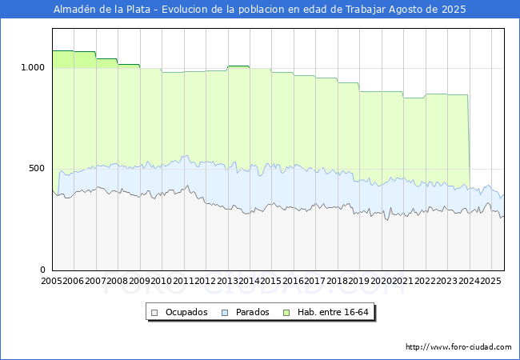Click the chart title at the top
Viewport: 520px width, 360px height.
260,10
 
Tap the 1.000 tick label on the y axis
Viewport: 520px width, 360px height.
33,68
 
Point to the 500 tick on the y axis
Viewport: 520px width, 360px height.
37,168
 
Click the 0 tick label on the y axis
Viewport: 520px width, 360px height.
42,270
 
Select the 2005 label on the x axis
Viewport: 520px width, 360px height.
51,281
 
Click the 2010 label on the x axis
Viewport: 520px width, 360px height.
161,281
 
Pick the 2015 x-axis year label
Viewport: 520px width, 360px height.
271,281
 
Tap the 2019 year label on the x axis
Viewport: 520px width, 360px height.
359,281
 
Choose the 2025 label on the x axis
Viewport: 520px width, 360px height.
490,281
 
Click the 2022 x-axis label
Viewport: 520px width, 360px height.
425,281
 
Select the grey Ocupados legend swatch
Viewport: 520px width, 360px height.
154,313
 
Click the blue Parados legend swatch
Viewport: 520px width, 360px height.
225,313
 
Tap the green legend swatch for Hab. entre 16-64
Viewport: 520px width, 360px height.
286,313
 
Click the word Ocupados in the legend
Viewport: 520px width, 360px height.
186,312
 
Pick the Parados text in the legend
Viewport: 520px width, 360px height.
252,312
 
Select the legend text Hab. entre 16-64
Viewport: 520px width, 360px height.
333,312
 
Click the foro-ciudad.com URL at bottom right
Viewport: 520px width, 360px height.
458,347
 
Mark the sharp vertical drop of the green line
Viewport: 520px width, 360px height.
469,142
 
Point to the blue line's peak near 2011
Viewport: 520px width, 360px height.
186,156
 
